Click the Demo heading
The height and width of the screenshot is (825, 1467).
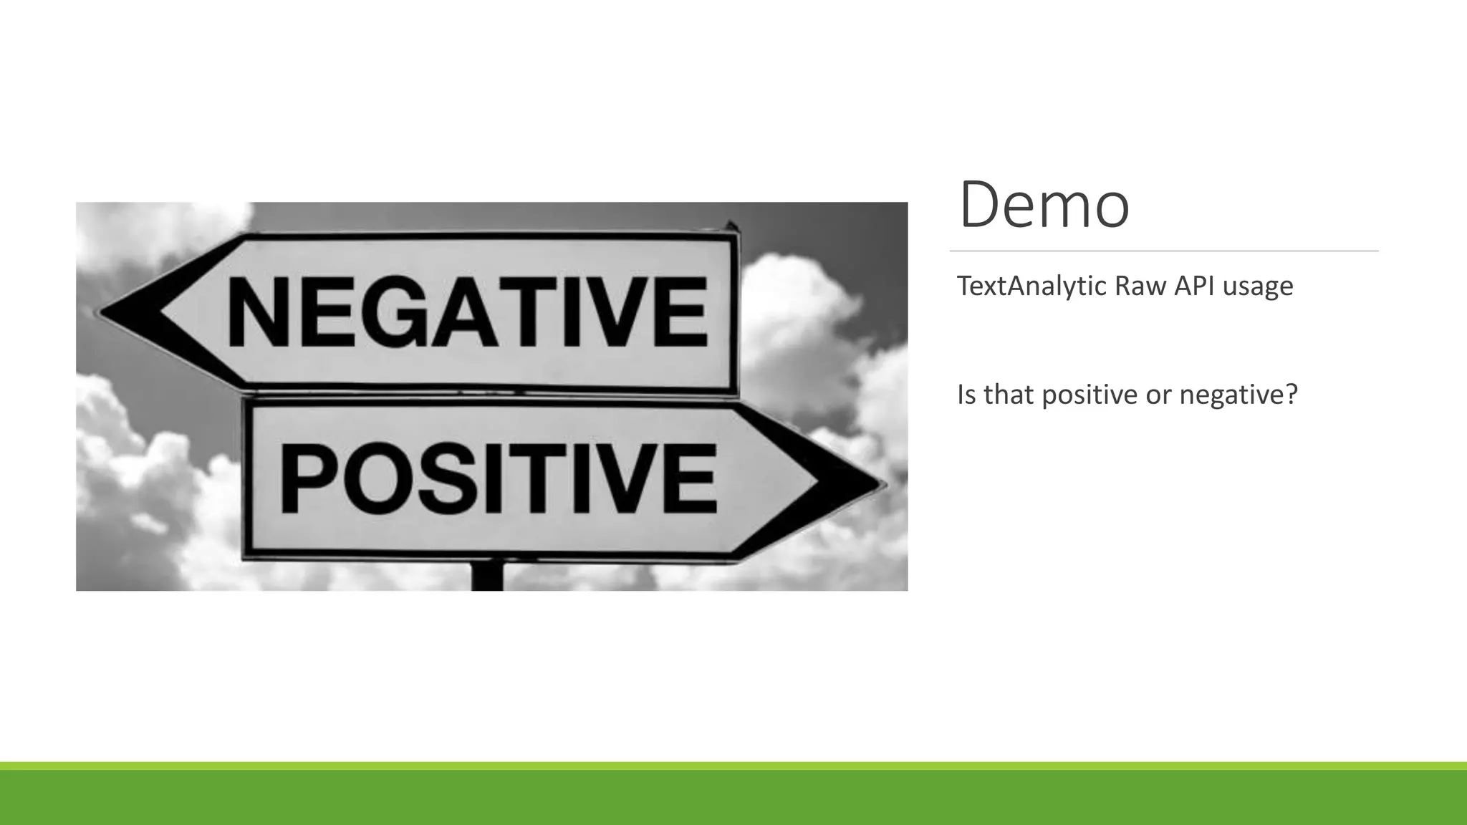(1044, 206)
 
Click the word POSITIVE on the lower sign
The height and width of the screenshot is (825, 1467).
(498, 478)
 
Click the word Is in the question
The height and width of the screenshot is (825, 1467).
(966, 395)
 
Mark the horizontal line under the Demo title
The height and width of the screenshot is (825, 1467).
(1163, 251)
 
